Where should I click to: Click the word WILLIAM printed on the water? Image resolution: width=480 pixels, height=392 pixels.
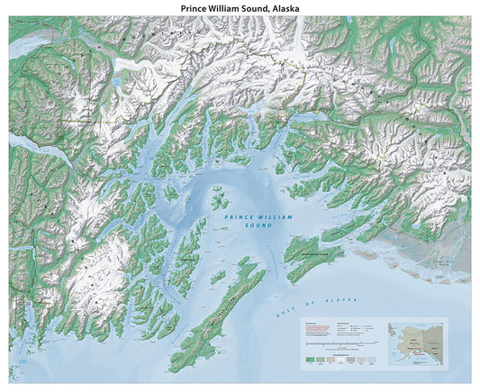(x=258, y=216)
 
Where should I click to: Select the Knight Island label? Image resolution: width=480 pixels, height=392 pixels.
(x=184, y=260)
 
